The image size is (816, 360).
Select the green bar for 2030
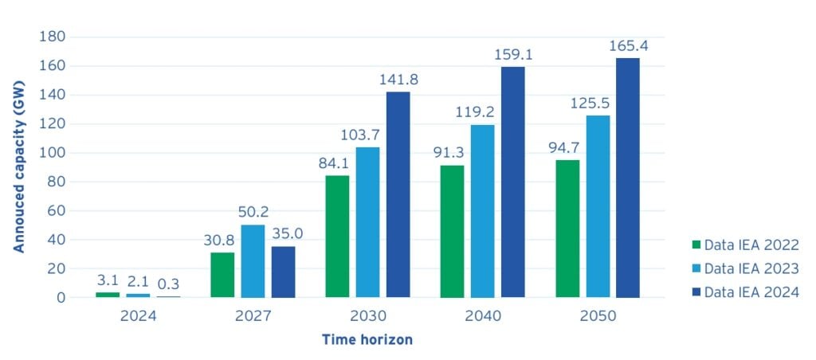(x=337, y=237)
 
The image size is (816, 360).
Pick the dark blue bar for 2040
(x=512, y=182)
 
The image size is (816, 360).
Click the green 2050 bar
(x=567, y=229)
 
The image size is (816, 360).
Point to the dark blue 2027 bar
(x=283, y=272)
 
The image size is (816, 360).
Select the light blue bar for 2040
(x=482, y=211)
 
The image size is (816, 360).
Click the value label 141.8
(x=398, y=80)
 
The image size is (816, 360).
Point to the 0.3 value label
(x=168, y=283)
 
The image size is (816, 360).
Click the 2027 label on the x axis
(x=253, y=315)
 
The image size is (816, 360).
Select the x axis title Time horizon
(x=367, y=340)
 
